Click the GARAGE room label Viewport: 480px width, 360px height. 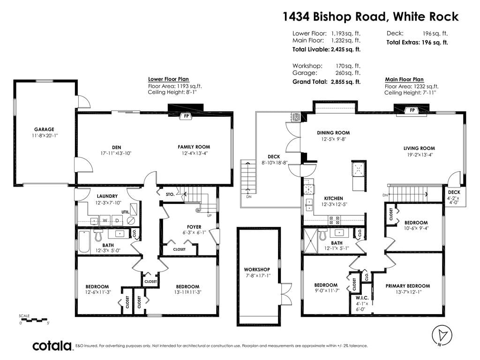[x=44, y=129]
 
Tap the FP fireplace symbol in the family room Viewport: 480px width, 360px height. [x=186, y=116]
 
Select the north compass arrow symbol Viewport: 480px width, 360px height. [x=442, y=335]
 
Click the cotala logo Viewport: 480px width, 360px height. [x=52, y=346]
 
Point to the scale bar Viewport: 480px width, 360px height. [x=34, y=320]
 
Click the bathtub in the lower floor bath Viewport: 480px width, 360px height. [x=84, y=241]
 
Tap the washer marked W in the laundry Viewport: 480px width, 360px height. [x=105, y=220]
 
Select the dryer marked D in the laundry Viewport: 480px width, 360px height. [x=117, y=220]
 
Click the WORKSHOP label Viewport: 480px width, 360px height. [x=257, y=270]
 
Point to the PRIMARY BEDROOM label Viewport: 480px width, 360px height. [x=408, y=286]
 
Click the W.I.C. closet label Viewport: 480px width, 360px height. [x=362, y=298]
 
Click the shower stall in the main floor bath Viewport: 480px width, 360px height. [x=310, y=241]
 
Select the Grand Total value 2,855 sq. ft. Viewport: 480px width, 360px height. [x=345, y=82]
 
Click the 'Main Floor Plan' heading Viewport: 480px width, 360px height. [x=404, y=79]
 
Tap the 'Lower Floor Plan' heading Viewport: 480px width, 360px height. [x=168, y=79]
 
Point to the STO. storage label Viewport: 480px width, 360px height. [x=170, y=195]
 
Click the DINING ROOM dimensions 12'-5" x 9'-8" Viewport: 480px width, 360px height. [x=333, y=139]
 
